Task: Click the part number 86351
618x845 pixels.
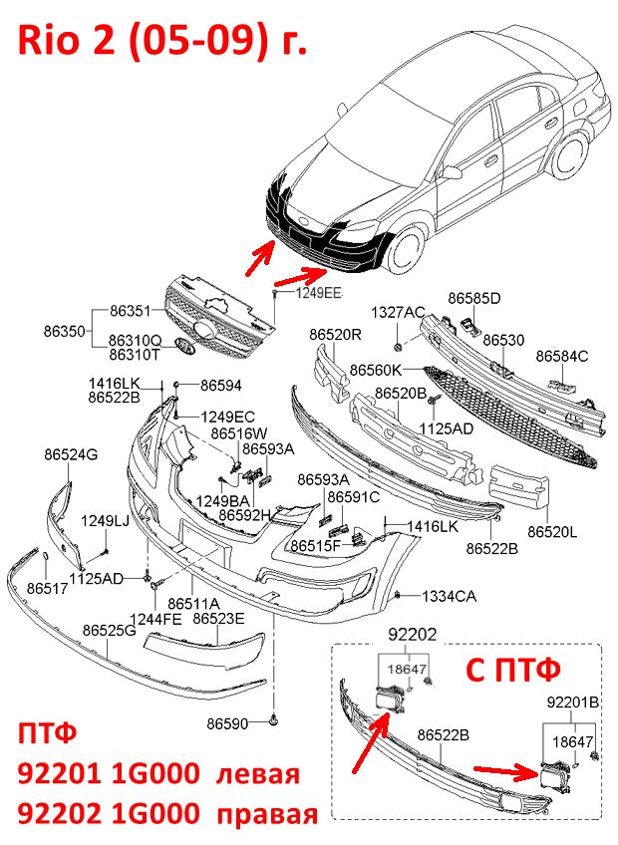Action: [x=131, y=311]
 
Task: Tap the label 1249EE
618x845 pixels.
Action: [x=319, y=293]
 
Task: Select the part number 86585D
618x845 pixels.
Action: [x=474, y=298]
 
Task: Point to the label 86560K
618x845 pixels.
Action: [x=376, y=370]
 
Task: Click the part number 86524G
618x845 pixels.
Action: [x=71, y=454]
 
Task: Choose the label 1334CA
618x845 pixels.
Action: [x=450, y=596]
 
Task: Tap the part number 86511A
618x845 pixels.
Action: [x=193, y=603]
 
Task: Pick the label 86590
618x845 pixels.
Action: [x=227, y=723]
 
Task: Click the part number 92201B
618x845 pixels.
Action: [x=573, y=703]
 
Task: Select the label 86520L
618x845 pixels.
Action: [x=552, y=532]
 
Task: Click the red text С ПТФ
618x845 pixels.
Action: [x=512, y=669]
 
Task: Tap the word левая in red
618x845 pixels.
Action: [x=258, y=774]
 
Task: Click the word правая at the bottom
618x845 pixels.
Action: [x=267, y=813]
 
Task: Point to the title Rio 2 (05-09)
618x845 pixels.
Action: [x=144, y=40]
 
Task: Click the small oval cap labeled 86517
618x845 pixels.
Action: [x=46, y=560]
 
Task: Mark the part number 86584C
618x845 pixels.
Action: [x=562, y=356]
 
